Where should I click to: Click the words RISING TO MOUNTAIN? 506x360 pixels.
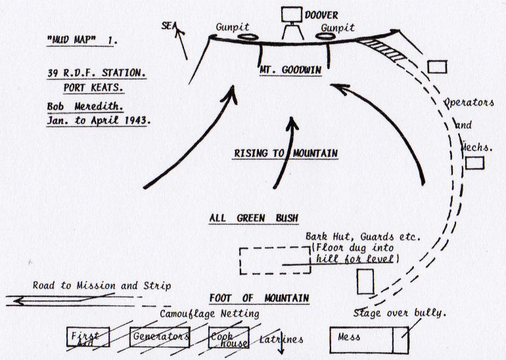click(x=286, y=154)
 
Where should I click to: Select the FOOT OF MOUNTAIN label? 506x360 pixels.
click(x=260, y=298)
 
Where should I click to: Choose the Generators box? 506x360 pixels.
click(x=160, y=336)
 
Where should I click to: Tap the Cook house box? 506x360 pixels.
click(x=227, y=336)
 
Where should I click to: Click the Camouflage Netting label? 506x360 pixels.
click(x=210, y=314)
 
